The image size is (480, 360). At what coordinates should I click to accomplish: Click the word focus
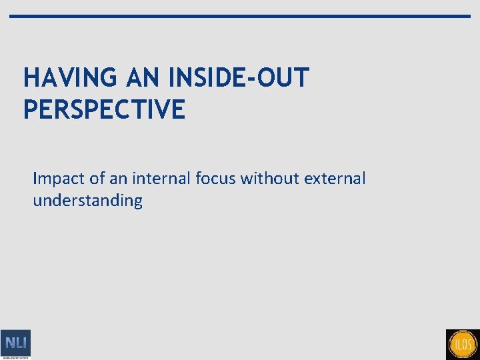(x=217, y=179)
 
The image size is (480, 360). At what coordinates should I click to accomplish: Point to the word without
(x=271, y=179)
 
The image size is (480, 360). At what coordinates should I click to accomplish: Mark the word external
(x=335, y=179)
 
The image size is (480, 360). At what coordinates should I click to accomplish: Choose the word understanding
(x=87, y=201)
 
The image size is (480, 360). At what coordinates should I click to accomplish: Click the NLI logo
(x=15, y=344)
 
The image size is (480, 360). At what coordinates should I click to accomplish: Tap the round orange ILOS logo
(x=463, y=345)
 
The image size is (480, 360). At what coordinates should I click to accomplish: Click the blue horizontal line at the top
(x=240, y=16)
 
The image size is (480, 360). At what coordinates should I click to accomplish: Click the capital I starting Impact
(x=35, y=179)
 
